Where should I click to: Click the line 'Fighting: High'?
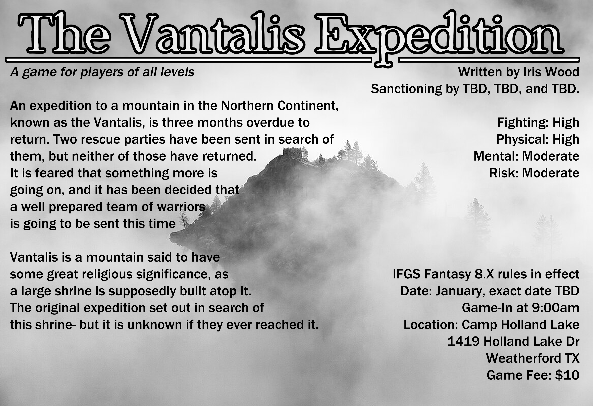[538, 123]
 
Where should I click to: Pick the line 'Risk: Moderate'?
[534, 173]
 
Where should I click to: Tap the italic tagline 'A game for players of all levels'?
[102, 72]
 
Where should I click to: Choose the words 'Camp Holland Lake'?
[520, 324]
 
